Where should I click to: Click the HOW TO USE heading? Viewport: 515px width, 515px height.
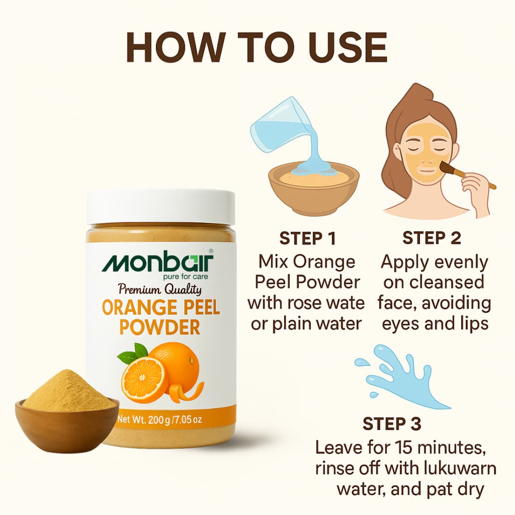[257, 47]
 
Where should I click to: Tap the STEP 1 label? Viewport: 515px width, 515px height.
[308, 238]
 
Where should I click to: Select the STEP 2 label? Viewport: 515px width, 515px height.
[432, 238]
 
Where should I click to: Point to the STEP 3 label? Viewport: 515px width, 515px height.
[392, 424]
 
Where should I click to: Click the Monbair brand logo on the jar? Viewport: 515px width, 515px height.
[158, 263]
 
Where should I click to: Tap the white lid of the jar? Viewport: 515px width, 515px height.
[161, 207]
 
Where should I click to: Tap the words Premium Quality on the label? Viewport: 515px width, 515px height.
[160, 289]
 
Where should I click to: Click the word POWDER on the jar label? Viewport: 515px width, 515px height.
[160, 327]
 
